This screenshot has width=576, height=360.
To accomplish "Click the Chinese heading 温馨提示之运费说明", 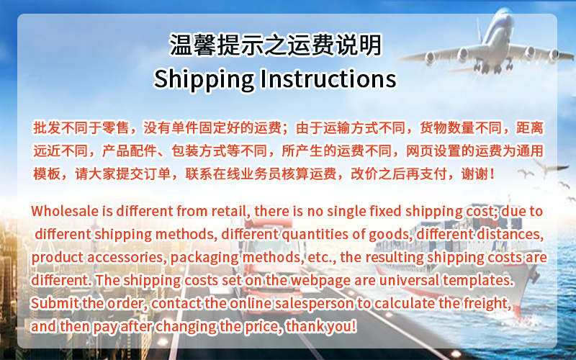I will click(x=275, y=45).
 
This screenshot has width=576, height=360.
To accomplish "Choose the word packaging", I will click(x=200, y=257).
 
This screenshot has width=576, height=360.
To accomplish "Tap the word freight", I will click(x=488, y=303).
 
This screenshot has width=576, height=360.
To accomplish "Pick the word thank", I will click(x=305, y=326).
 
